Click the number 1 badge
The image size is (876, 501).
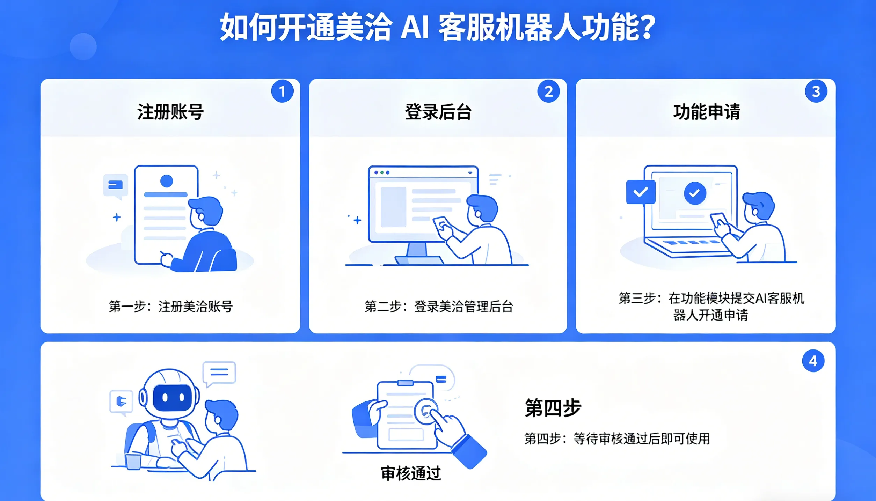click(282, 91)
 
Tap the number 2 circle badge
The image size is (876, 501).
click(548, 91)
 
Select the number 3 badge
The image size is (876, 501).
click(816, 91)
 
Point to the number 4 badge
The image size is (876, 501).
click(813, 361)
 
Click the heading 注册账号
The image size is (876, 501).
click(170, 112)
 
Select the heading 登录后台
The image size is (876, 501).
click(438, 112)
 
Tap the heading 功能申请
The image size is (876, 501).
click(706, 112)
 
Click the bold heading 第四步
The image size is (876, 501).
click(553, 408)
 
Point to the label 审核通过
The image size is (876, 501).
click(411, 473)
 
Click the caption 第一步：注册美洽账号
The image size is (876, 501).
click(170, 307)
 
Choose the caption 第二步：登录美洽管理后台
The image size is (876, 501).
click(439, 307)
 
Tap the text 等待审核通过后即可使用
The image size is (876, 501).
click(642, 439)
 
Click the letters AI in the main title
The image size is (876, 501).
click(415, 27)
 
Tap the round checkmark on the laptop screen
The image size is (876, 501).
click(695, 193)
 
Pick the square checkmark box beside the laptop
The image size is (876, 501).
click(641, 192)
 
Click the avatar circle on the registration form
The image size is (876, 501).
click(167, 181)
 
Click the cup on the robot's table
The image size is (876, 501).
click(133, 462)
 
